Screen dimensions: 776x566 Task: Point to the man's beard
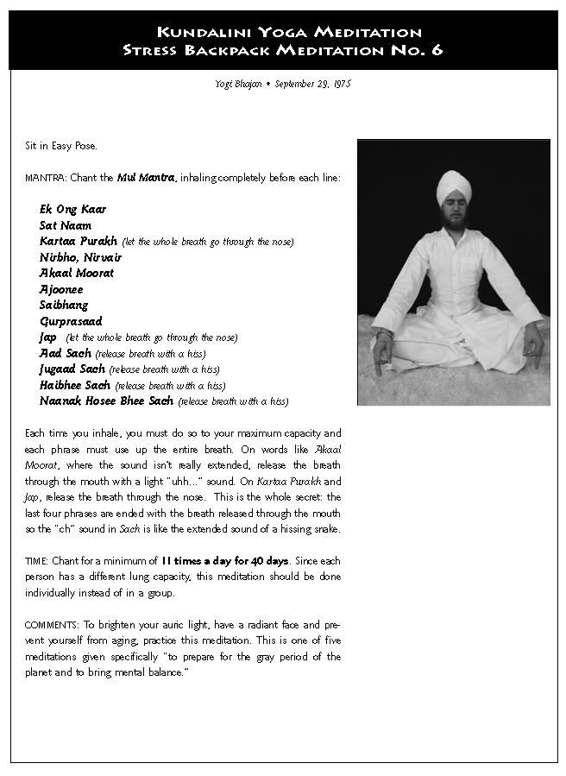point(454,219)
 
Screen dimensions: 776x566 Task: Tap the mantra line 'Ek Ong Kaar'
point(72,210)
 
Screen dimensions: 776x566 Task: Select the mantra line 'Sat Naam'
point(65,225)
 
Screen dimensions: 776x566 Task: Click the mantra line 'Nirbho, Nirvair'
point(80,257)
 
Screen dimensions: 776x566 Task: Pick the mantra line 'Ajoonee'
point(61,289)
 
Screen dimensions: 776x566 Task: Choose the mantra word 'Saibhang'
point(63,305)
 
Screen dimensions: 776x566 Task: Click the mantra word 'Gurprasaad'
point(70,321)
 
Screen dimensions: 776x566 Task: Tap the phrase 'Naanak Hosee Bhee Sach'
point(106,401)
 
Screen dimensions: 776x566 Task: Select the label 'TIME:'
point(37,561)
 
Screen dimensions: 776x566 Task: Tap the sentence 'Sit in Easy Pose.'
point(60,146)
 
